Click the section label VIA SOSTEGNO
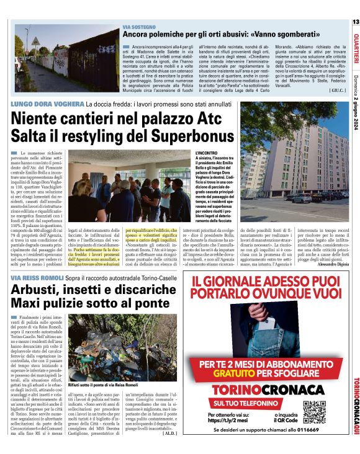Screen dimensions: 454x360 coord(139,27)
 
